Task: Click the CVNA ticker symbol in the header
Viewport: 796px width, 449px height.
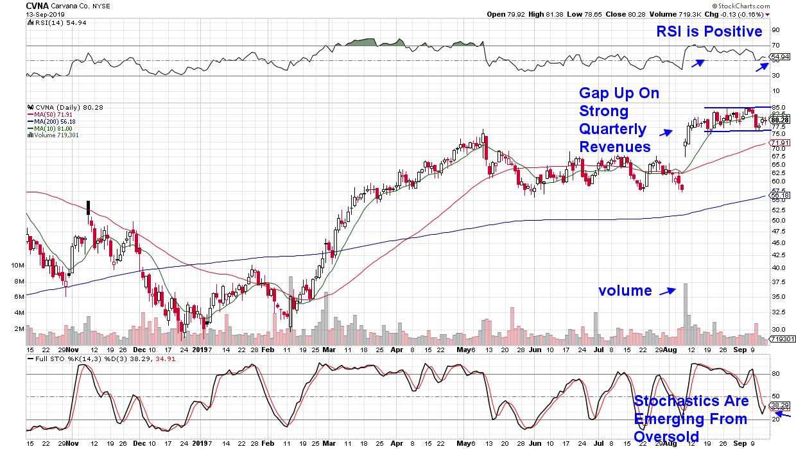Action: click(x=37, y=5)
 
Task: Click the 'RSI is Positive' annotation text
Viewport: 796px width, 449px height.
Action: click(x=709, y=31)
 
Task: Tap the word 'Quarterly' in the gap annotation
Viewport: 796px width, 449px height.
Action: click(x=614, y=129)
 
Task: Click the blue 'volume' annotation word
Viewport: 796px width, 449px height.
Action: click(x=625, y=291)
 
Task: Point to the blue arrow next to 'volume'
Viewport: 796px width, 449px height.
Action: click(x=667, y=291)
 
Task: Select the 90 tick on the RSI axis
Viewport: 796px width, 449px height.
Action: click(x=775, y=30)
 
